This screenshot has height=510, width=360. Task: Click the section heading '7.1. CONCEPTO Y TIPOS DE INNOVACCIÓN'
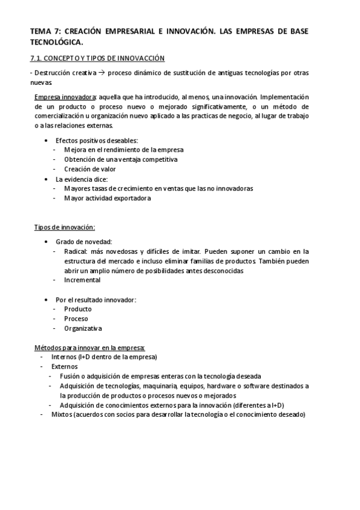97,58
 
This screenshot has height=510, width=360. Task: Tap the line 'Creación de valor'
90,169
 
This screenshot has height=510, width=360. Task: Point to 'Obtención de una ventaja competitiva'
121,159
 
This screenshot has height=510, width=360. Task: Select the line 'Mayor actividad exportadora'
107,198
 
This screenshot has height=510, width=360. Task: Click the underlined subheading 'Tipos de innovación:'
64,227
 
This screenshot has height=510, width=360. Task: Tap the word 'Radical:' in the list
76,251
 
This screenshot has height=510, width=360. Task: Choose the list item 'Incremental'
82,280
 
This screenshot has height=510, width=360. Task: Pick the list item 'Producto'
78,309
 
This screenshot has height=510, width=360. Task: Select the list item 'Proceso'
76,318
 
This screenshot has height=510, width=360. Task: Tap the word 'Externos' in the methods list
64,366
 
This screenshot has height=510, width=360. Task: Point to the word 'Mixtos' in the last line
61,414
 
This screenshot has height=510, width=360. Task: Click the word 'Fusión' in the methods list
70,376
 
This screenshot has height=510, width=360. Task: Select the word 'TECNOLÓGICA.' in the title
55,42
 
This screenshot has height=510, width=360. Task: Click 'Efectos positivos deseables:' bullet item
96,140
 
